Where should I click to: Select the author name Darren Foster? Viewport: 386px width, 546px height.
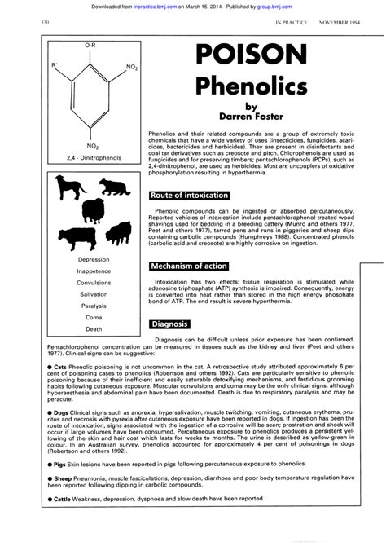(255, 115)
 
